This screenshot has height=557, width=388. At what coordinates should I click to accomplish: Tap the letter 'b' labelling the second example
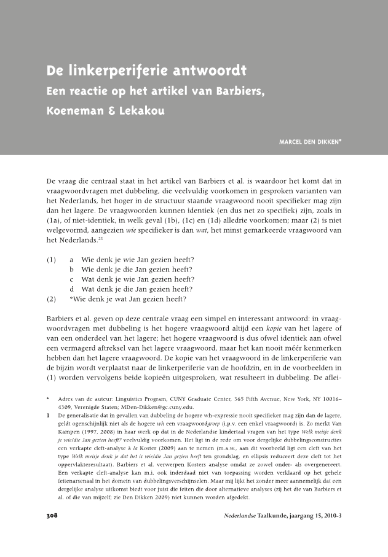(x=72, y=270)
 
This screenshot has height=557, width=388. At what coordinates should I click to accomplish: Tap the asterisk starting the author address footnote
(x=48, y=399)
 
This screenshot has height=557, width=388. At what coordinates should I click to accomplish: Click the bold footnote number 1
(x=48, y=416)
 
